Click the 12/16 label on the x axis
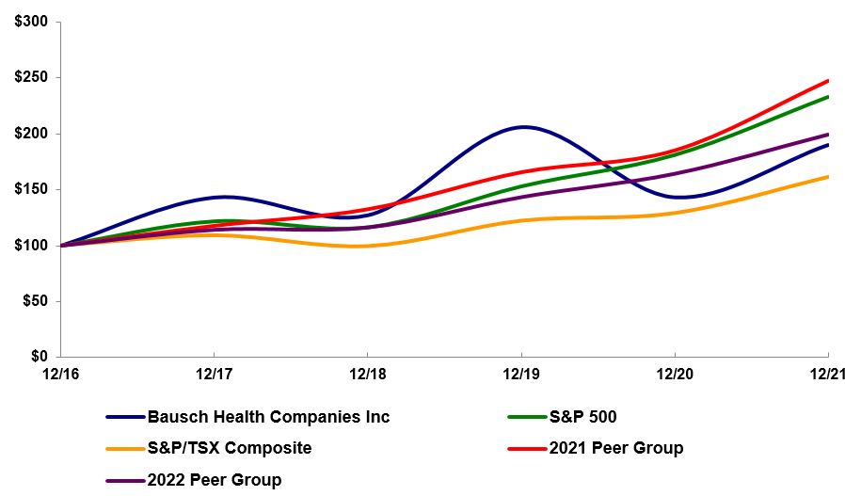(x=60, y=374)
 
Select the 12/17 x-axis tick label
(x=214, y=374)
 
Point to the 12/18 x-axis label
(x=367, y=374)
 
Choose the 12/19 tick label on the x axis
(x=521, y=374)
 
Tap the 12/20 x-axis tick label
(x=675, y=374)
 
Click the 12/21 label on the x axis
(x=827, y=374)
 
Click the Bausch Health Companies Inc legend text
(x=268, y=417)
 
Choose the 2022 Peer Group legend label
(x=215, y=480)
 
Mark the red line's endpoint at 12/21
(x=827, y=81)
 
